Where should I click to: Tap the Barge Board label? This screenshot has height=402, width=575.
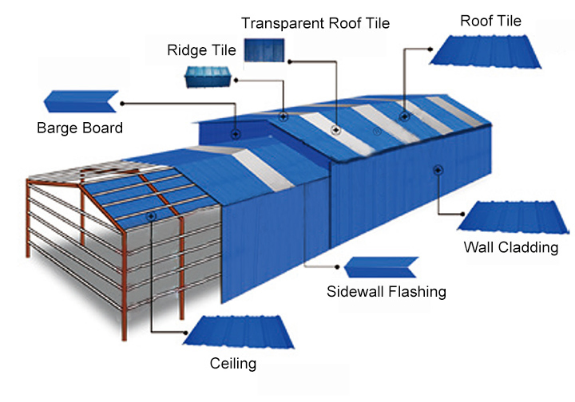80,128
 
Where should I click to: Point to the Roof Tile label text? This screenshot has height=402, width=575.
490,20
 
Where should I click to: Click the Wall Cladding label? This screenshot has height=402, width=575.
510,247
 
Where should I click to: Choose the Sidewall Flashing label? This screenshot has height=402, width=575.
387,291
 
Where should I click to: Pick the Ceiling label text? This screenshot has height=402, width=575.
233,364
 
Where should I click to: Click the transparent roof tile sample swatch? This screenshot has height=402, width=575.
264,52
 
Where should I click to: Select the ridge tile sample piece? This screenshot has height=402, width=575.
208,77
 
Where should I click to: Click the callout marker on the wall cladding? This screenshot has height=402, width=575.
438,167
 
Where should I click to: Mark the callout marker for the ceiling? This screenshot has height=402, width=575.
151,215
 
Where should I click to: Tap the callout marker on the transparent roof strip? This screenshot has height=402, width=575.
336,128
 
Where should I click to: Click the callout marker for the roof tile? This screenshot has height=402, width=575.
405,116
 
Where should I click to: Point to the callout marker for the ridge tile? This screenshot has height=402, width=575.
284,116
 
